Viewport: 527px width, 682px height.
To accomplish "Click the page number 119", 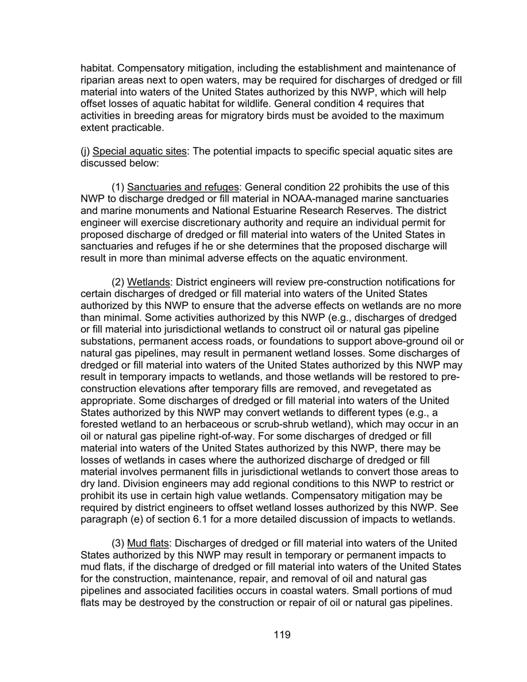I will [x=282, y=635].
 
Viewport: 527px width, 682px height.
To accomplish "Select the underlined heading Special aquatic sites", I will [x=140, y=151].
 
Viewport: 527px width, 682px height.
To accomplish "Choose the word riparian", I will [x=98, y=80].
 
